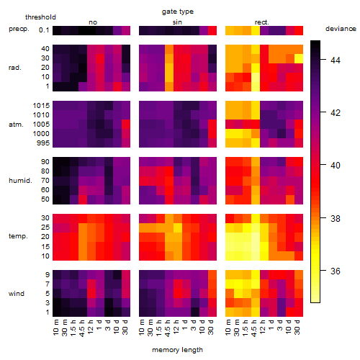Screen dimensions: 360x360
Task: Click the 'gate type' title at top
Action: [178, 12]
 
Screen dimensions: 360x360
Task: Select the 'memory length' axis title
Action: [177, 350]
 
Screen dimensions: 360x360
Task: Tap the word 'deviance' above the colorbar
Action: [341, 29]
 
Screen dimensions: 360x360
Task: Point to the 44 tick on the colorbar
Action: [323, 59]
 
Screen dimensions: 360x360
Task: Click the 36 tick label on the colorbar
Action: [336, 271]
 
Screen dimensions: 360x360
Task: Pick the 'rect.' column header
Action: [261, 22]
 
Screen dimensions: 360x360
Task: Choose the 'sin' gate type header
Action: [177, 22]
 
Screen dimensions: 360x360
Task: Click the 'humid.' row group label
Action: [20, 181]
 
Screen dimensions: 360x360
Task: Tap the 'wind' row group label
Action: [17, 294]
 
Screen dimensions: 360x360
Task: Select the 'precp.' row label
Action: [19, 29]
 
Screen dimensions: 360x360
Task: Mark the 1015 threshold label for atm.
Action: [41, 106]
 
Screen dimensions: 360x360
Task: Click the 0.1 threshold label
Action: [44, 30]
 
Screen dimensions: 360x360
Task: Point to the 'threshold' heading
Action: [40, 17]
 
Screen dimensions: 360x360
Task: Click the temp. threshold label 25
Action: [45, 227]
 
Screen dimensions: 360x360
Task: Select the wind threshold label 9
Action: [48, 275]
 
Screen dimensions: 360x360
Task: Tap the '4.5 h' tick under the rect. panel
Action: [254, 328]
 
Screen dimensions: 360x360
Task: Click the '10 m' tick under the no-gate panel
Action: [55, 328]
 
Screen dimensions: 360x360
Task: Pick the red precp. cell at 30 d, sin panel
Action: [212, 30]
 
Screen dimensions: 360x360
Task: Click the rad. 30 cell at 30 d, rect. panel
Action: [299, 58]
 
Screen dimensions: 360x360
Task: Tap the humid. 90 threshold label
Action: [45, 162]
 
